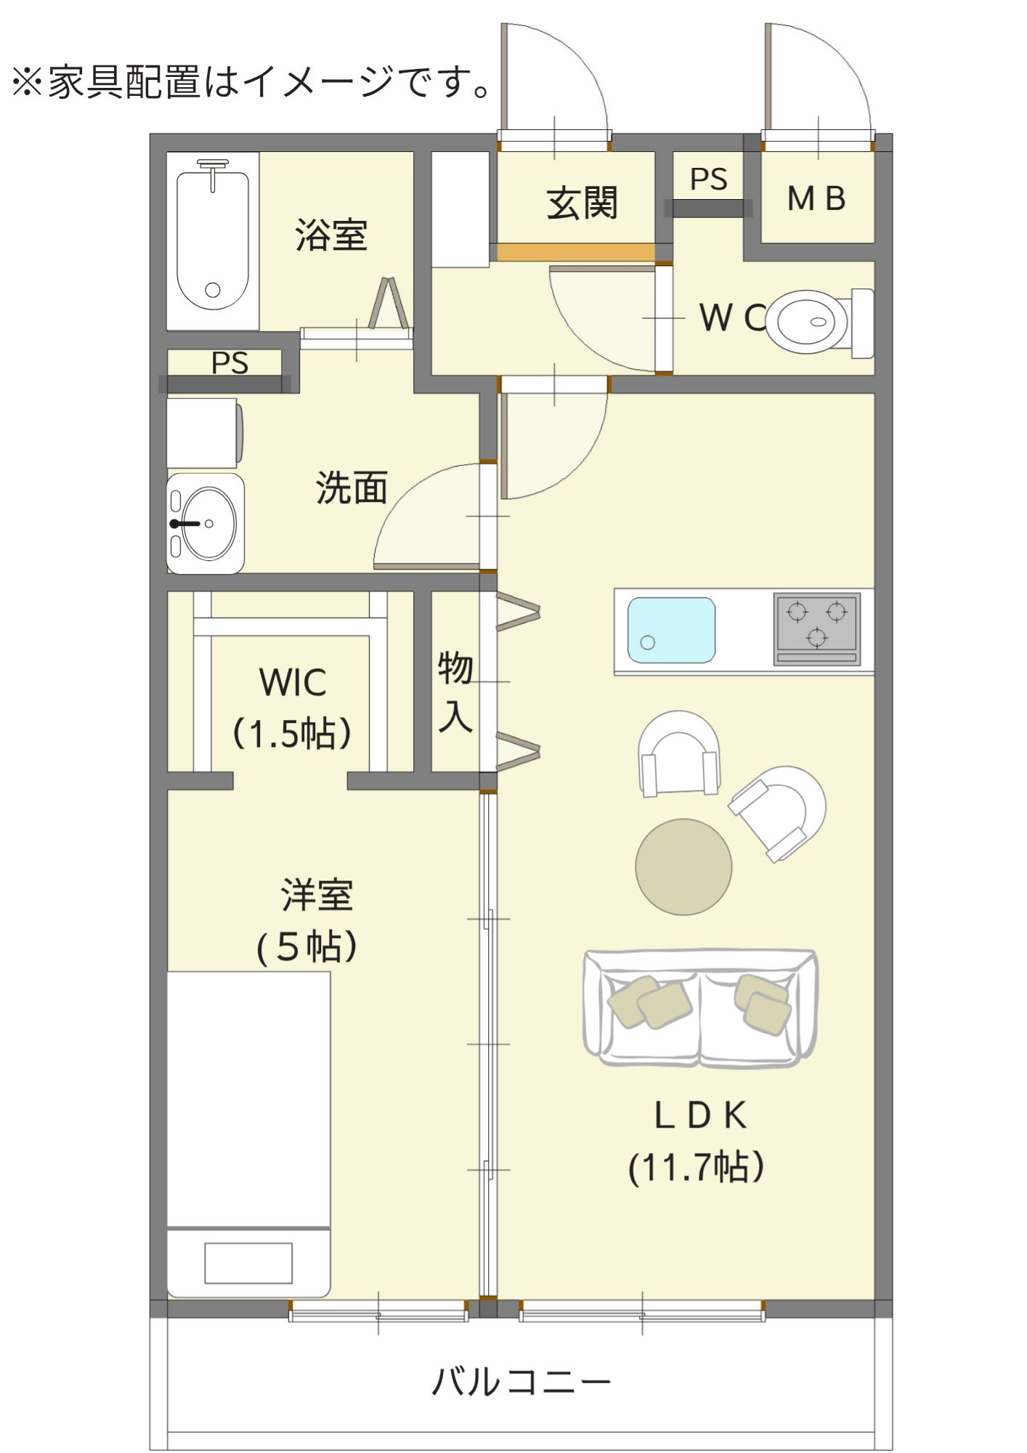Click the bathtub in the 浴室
213,240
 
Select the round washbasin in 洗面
208,523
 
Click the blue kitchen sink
671,630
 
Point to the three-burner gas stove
817,628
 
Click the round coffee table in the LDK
683,866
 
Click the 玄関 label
582,203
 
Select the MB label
816,199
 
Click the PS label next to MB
708,179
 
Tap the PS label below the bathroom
230,363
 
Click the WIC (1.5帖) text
292,708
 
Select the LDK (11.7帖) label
698,1141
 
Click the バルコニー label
521,1381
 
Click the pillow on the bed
248,1263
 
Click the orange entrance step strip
576,252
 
